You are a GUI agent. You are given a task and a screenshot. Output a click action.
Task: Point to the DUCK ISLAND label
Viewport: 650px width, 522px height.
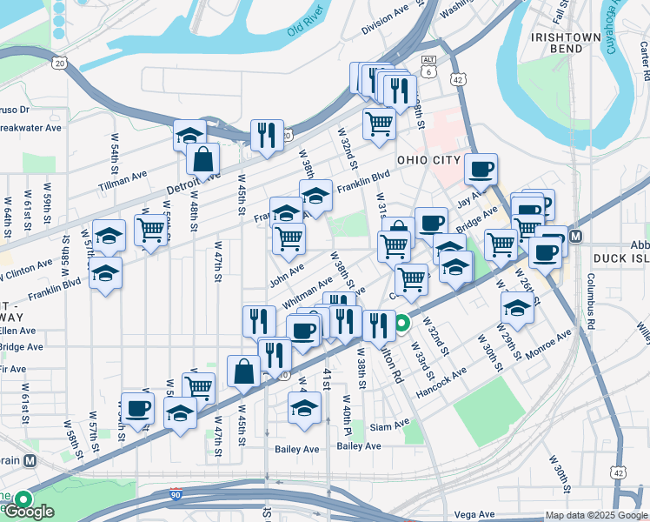(x=620, y=258)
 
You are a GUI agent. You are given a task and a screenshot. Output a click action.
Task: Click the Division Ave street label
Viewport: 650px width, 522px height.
(x=385, y=22)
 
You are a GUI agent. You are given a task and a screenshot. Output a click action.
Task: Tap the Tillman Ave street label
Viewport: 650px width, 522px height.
(x=123, y=177)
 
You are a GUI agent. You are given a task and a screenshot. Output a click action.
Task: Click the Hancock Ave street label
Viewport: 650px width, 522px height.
(x=441, y=381)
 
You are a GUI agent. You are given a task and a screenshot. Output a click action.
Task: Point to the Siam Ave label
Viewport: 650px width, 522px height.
(x=388, y=425)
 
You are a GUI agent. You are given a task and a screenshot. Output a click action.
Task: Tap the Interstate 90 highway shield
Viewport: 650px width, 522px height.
(x=176, y=493)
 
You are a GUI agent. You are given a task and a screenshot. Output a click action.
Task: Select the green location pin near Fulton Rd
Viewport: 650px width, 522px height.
(x=401, y=326)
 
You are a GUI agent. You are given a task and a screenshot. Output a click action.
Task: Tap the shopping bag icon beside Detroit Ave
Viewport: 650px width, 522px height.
(x=202, y=160)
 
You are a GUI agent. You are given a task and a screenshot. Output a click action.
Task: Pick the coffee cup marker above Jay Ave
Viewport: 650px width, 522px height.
(x=480, y=170)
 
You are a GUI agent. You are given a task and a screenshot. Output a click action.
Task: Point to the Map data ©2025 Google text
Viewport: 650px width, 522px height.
(x=595, y=515)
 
